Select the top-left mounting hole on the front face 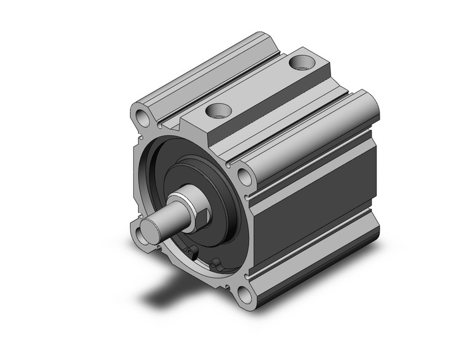142,116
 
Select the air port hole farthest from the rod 300,62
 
